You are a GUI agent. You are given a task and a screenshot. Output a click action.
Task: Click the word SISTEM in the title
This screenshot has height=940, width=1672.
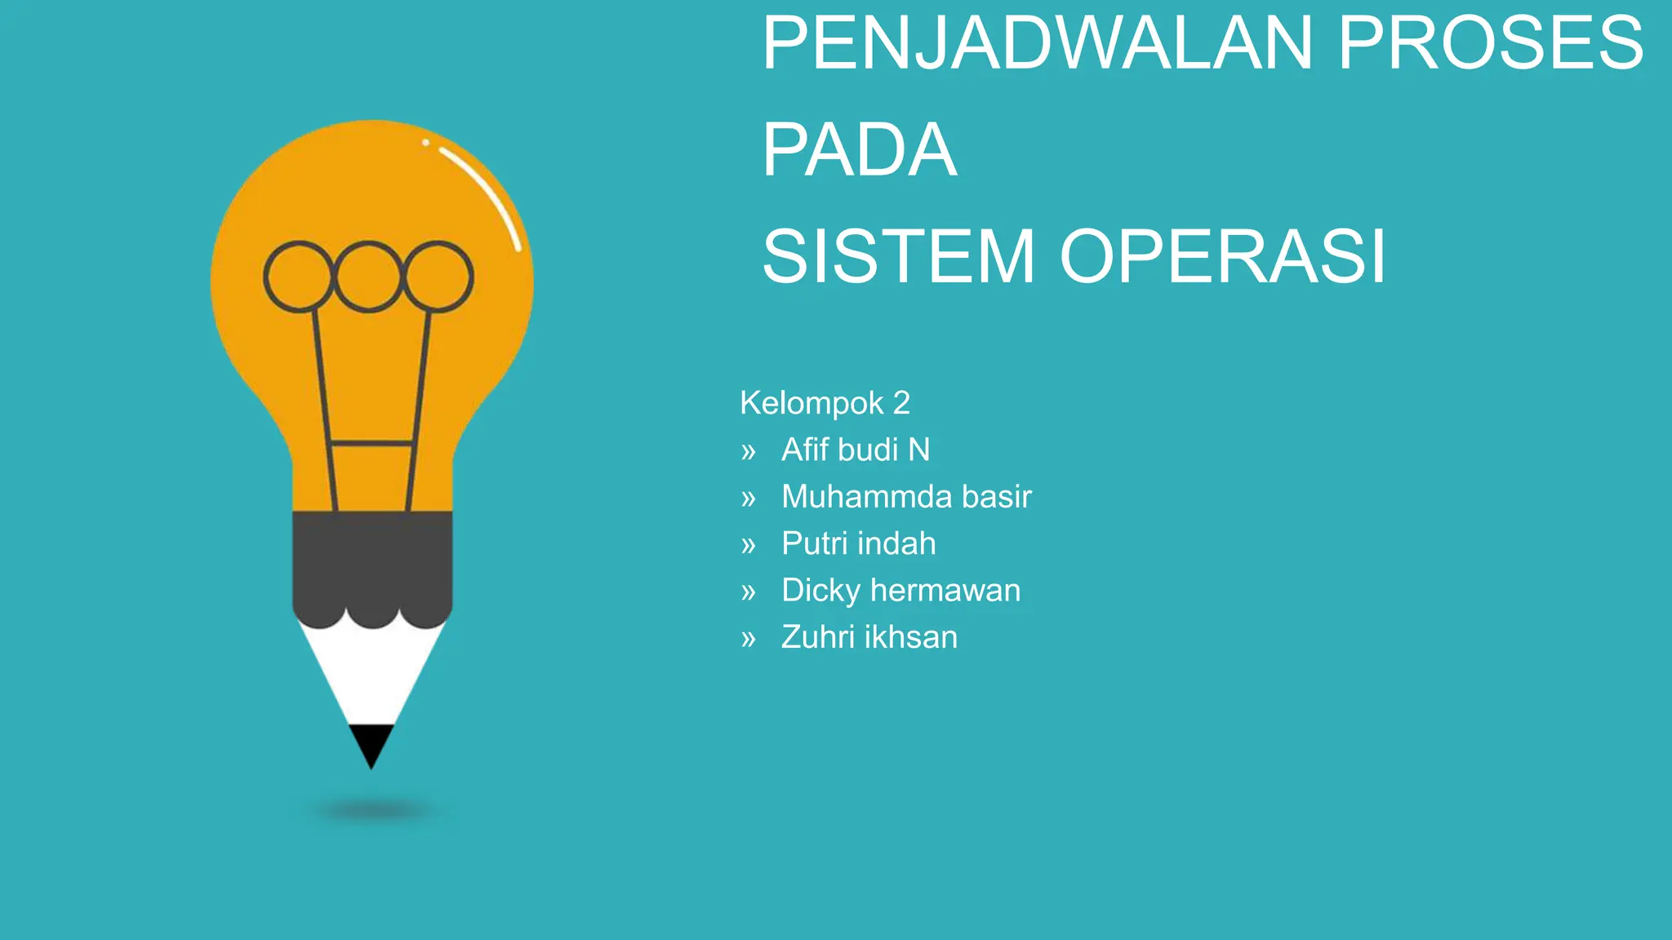point(898,256)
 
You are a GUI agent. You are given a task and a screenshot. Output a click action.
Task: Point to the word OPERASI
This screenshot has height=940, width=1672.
point(1222,256)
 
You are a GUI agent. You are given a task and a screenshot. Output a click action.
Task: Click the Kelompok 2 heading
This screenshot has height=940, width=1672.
point(825,403)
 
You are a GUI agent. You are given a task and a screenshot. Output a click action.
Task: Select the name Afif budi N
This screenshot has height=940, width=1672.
point(855,450)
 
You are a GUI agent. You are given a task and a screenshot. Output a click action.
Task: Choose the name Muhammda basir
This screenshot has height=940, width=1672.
point(906,497)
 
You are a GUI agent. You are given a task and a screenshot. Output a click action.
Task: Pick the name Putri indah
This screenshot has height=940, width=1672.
point(858,543)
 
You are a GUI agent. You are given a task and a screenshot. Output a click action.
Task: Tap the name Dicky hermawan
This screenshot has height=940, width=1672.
point(900,591)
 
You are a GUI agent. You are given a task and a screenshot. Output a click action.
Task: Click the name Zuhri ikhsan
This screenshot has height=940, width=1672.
point(869,637)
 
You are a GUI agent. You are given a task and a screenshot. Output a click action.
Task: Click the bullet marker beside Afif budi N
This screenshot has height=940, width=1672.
point(749,451)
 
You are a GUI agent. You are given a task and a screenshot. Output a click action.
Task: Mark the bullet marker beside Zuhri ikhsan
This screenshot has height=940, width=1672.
point(749,639)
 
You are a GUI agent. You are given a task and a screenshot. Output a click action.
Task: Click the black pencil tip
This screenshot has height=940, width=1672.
point(371,743)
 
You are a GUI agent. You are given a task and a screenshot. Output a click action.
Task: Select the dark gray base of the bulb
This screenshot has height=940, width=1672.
point(372,563)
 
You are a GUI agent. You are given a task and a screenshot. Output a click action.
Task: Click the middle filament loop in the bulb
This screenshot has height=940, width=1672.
point(368,277)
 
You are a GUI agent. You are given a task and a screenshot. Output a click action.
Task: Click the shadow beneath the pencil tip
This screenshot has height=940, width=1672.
point(371,811)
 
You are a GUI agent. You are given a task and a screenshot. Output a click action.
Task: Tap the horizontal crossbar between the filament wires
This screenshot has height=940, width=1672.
point(371,444)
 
